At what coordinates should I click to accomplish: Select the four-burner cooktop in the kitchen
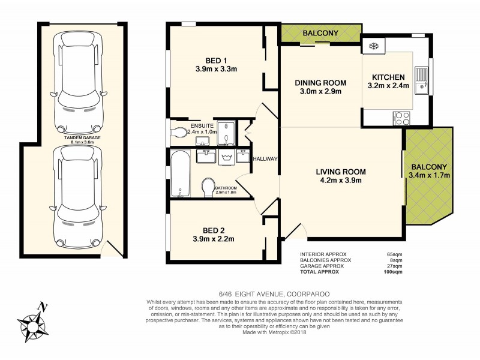(x=401, y=118)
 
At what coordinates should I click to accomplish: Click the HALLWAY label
(x=265, y=159)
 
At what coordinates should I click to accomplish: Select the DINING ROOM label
(x=320, y=83)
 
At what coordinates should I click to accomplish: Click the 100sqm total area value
(x=393, y=272)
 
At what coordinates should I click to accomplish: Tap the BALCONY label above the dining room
(x=321, y=32)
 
